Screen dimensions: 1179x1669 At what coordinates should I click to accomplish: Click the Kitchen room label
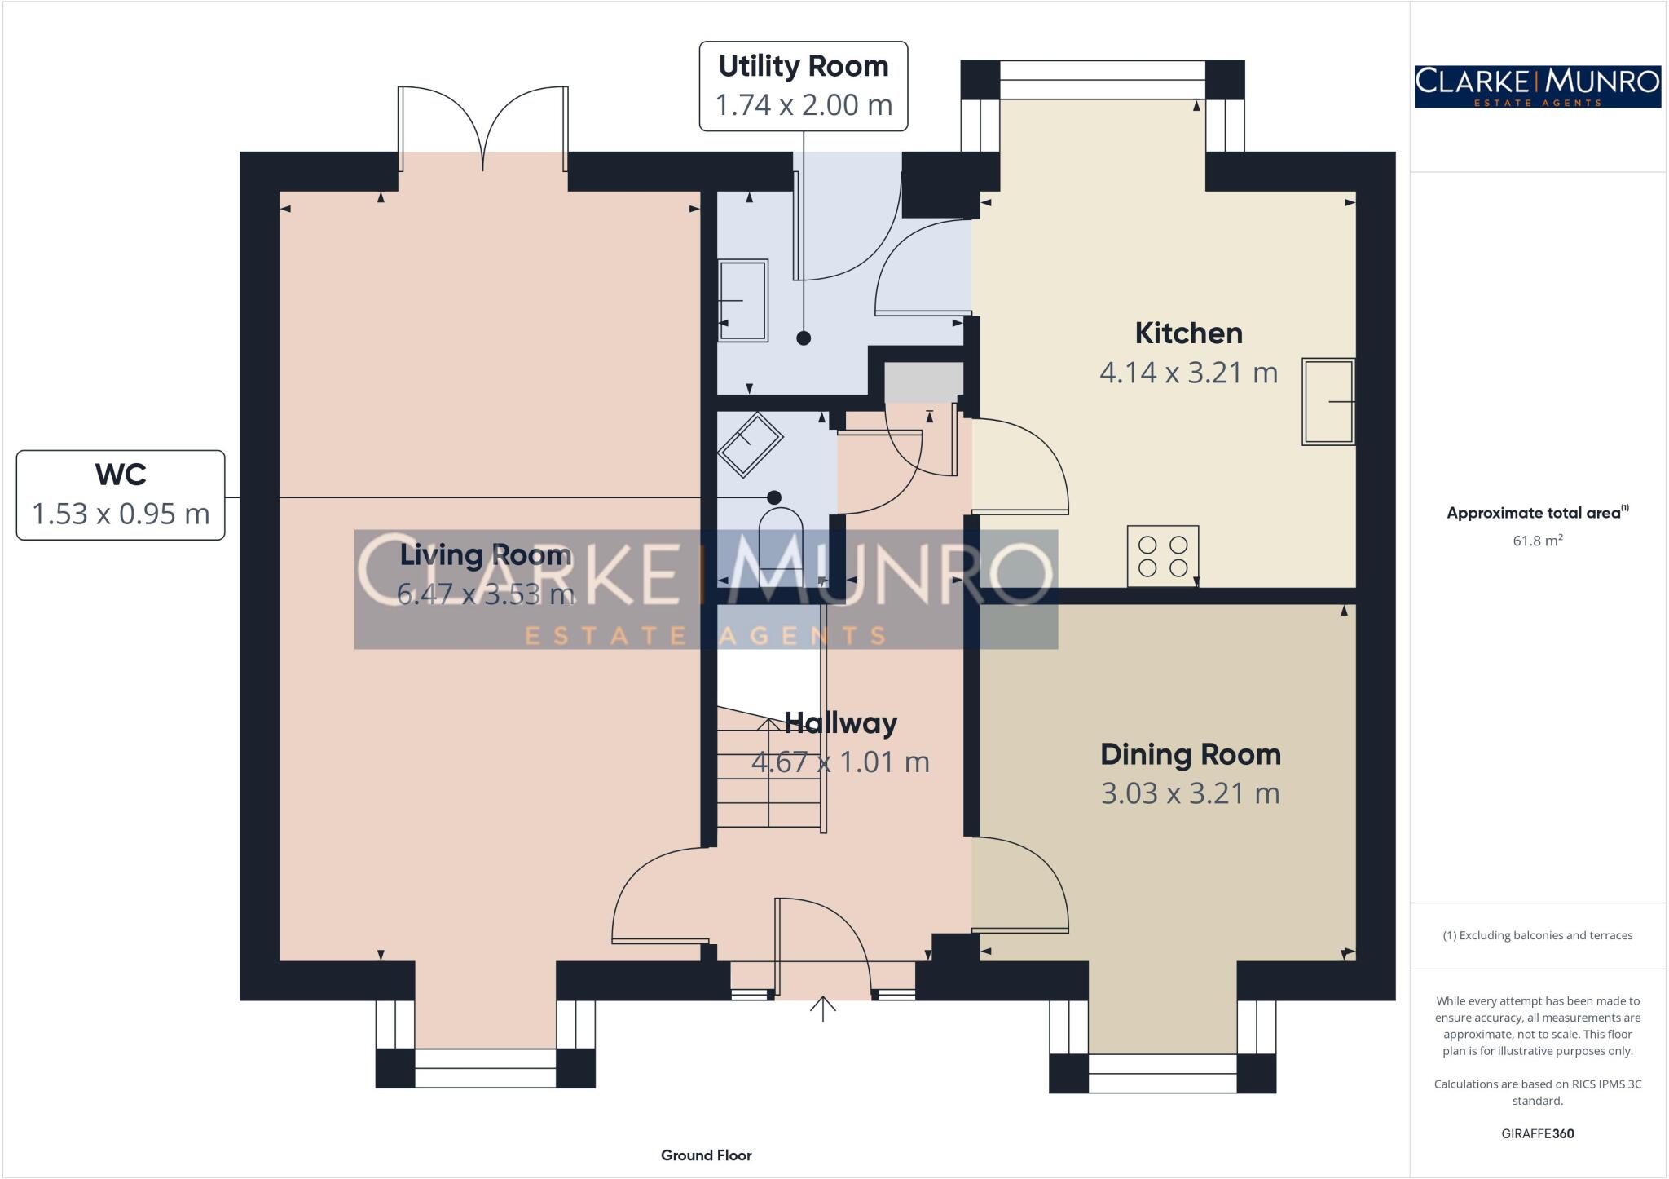tap(1188, 333)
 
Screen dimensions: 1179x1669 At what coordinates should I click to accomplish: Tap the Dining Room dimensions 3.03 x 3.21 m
tap(1190, 793)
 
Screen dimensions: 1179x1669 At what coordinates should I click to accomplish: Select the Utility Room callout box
tap(804, 86)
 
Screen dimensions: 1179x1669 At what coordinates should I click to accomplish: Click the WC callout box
tap(121, 495)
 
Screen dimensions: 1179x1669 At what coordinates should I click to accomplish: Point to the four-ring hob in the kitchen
tap(1163, 556)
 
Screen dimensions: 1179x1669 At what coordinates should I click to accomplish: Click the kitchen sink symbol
tap(1328, 401)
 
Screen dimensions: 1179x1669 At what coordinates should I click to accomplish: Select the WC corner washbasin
tap(749, 445)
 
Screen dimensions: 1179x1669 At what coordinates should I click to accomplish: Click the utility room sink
tap(742, 300)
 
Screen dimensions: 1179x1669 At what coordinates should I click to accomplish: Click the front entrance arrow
tap(823, 1009)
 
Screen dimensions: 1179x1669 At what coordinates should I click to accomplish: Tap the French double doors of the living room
tap(483, 129)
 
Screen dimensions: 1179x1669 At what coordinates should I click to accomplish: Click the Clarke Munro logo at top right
tap(1537, 86)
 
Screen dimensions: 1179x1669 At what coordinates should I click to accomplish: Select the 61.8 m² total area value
tap(1537, 541)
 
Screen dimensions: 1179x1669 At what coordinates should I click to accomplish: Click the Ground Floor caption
tap(706, 1155)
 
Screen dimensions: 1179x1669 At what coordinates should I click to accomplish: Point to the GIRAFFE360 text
tap(1537, 1133)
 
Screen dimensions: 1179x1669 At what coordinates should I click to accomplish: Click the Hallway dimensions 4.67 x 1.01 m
tap(840, 762)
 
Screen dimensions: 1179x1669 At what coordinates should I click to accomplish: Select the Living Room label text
tap(485, 555)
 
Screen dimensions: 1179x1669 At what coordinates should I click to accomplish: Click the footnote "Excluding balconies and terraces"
tap(1537, 935)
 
